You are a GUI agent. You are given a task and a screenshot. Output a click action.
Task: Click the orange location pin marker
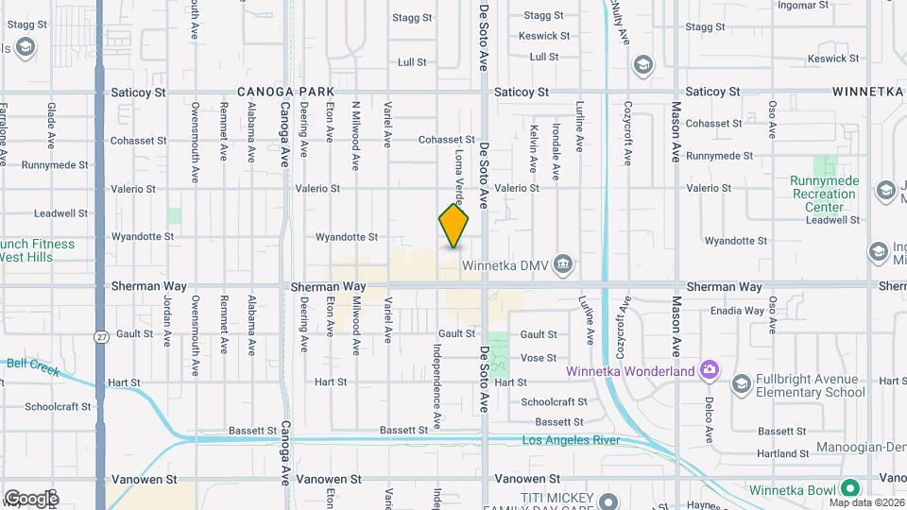coord(453,226)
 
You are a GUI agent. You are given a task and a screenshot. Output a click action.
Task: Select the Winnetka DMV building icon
coord(563,262)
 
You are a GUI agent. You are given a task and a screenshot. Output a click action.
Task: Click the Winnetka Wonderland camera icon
coord(710,370)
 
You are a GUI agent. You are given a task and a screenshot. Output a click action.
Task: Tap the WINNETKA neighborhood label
coord(868,92)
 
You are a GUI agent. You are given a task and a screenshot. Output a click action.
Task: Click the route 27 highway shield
coord(100,335)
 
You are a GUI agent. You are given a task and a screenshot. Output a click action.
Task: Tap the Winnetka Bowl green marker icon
coord(849,488)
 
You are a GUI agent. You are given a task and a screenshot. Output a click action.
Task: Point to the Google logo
coord(31,498)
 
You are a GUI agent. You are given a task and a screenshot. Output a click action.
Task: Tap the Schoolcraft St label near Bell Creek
coord(58,407)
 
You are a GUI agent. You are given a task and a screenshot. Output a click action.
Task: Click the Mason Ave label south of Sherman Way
coord(676,321)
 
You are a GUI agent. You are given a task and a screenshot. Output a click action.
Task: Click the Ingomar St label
coord(803,5)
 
